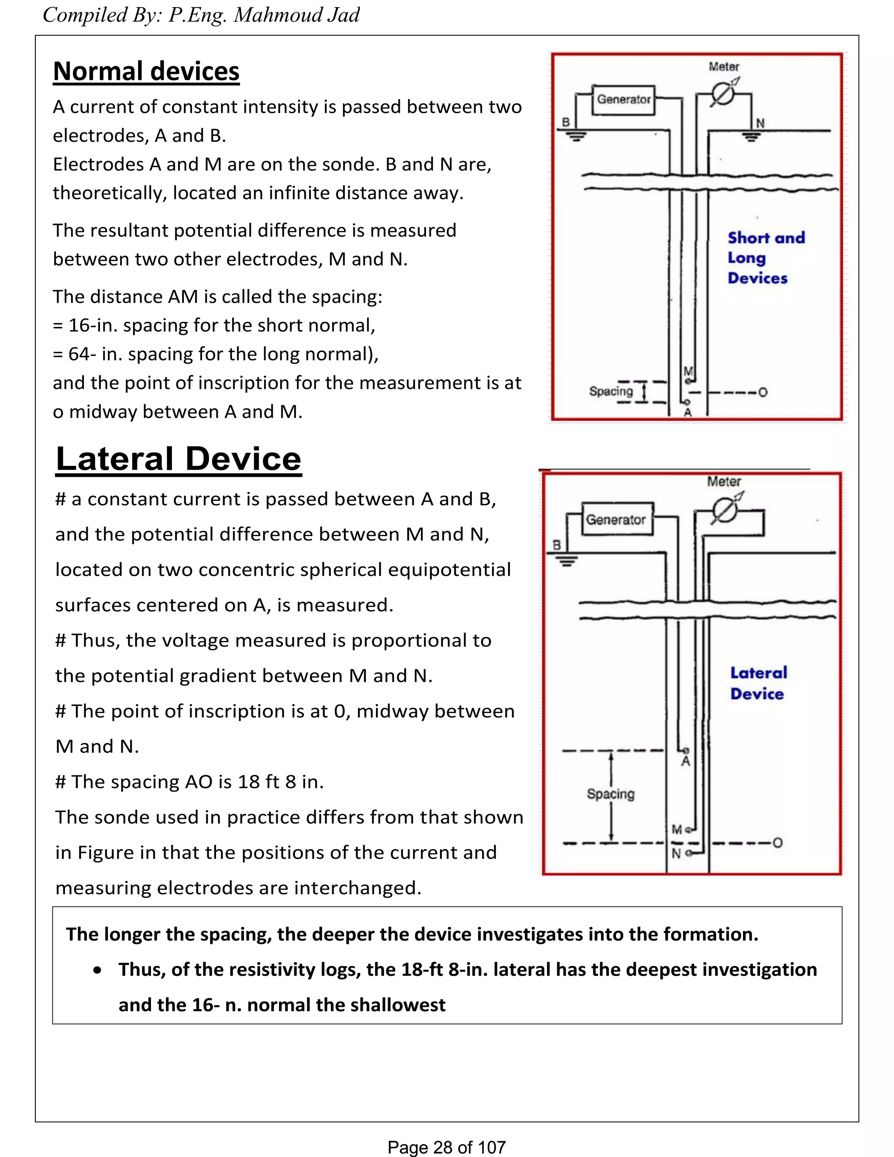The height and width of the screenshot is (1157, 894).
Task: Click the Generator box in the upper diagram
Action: pyautogui.click(x=623, y=100)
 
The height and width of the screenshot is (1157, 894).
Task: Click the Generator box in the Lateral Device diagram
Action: pyautogui.click(x=616, y=520)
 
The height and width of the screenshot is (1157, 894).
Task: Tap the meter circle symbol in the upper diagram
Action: pyautogui.click(x=722, y=95)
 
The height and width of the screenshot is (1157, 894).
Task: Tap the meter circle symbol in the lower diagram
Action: pyautogui.click(x=725, y=511)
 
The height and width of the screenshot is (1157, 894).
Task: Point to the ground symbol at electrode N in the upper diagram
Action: pyautogui.click(x=751, y=137)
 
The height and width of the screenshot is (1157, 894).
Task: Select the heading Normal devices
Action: pyautogui.click(x=146, y=71)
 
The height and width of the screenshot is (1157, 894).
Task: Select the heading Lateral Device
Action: pyautogui.click(x=179, y=459)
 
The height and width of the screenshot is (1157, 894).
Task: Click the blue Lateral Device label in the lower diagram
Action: pyautogui.click(x=758, y=683)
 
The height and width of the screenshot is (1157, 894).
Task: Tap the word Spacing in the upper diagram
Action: pyautogui.click(x=611, y=391)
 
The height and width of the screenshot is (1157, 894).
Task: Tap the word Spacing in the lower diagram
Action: pyautogui.click(x=611, y=794)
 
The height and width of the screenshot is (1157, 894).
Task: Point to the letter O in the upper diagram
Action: pyautogui.click(x=763, y=393)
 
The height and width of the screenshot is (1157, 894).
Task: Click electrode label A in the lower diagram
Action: pyautogui.click(x=686, y=761)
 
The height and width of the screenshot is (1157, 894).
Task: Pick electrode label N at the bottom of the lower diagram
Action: pyautogui.click(x=676, y=854)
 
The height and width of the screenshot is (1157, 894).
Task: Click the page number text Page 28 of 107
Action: pyautogui.click(x=447, y=1147)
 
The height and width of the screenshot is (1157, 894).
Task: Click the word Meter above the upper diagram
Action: pyautogui.click(x=724, y=67)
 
